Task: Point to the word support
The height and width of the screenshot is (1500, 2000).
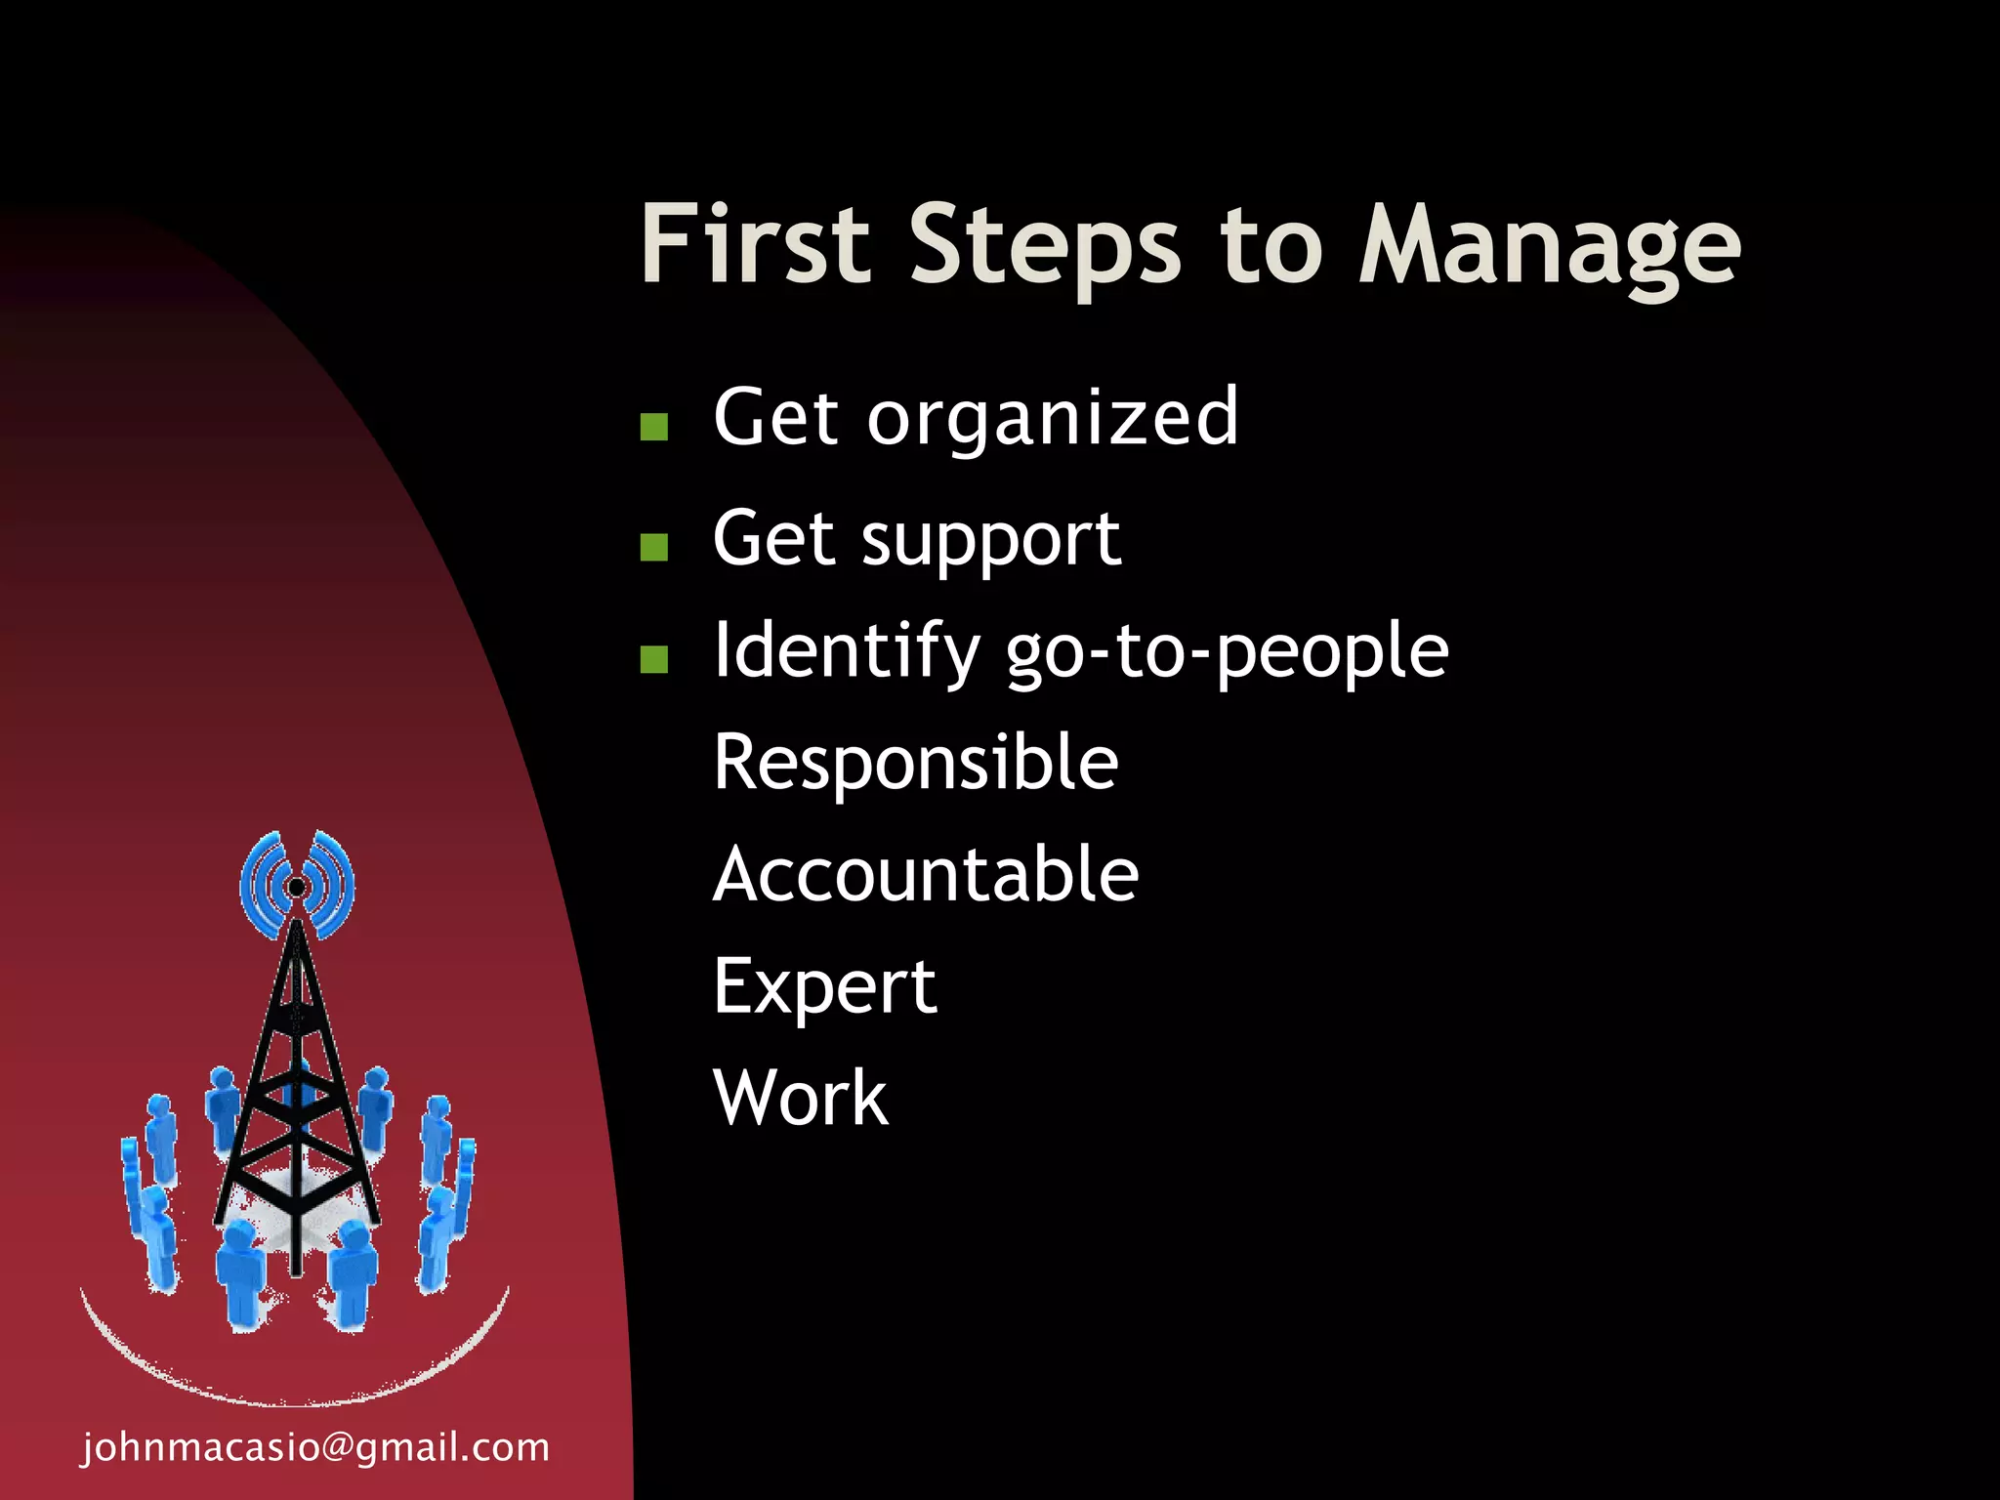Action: point(990,540)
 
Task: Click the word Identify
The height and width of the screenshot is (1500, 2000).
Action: point(846,651)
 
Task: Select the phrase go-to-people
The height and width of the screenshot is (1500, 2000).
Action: point(1227,652)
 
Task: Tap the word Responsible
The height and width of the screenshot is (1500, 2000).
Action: point(915,763)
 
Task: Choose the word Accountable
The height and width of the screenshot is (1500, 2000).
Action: point(925,874)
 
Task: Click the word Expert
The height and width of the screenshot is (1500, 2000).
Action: point(824,987)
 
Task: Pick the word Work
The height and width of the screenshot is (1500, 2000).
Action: point(801,1098)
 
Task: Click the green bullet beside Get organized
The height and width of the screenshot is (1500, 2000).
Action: point(653,427)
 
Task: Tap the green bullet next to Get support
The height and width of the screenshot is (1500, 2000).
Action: point(653,547)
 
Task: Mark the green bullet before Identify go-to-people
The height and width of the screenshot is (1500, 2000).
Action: point(653,659)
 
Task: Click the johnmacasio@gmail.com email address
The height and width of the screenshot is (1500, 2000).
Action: point(315,1447)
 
